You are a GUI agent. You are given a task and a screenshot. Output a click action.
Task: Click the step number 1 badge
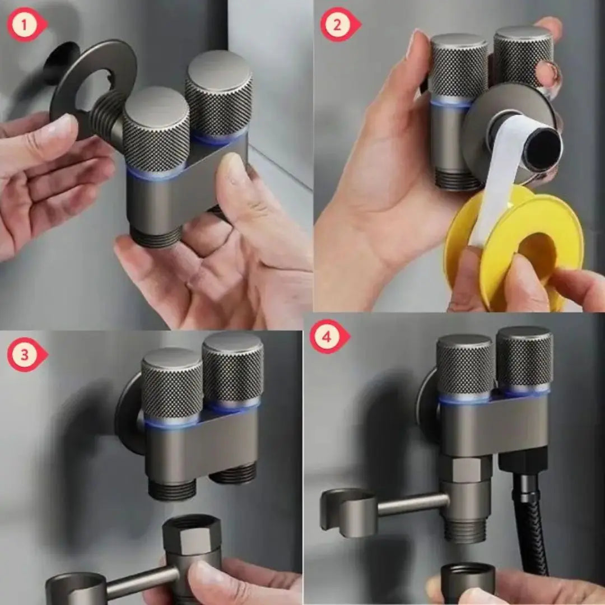click(25, 25)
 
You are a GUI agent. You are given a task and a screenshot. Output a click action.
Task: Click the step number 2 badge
click(339, 25)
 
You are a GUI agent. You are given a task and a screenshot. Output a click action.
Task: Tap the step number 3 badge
click(26, 355)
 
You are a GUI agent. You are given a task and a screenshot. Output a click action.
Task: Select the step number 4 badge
click(328, 337)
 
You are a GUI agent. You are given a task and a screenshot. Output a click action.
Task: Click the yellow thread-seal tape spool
click(513, 247)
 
